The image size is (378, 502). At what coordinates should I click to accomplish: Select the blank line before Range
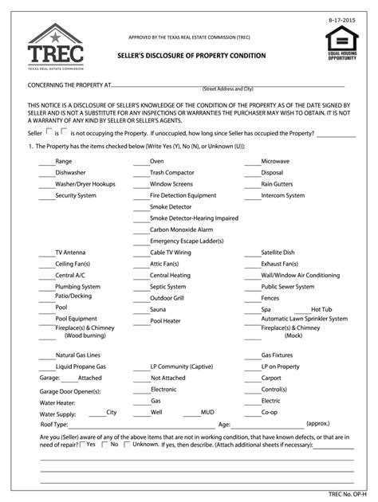click(45, 162)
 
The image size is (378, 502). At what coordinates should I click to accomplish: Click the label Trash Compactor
click(171, 172)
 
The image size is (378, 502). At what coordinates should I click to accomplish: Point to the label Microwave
click(275, 161)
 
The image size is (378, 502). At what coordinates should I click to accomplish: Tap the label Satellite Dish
click(278, 252)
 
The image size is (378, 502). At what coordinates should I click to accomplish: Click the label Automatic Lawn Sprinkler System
click(304, 318)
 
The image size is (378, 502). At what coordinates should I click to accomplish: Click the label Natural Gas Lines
click(77, 355)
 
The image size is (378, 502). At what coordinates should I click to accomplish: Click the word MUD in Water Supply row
click(207, 412)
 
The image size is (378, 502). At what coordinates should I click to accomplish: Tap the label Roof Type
click(44, 424)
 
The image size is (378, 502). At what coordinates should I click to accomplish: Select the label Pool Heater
click(165, 321)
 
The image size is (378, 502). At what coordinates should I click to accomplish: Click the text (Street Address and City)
click(227, 88)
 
